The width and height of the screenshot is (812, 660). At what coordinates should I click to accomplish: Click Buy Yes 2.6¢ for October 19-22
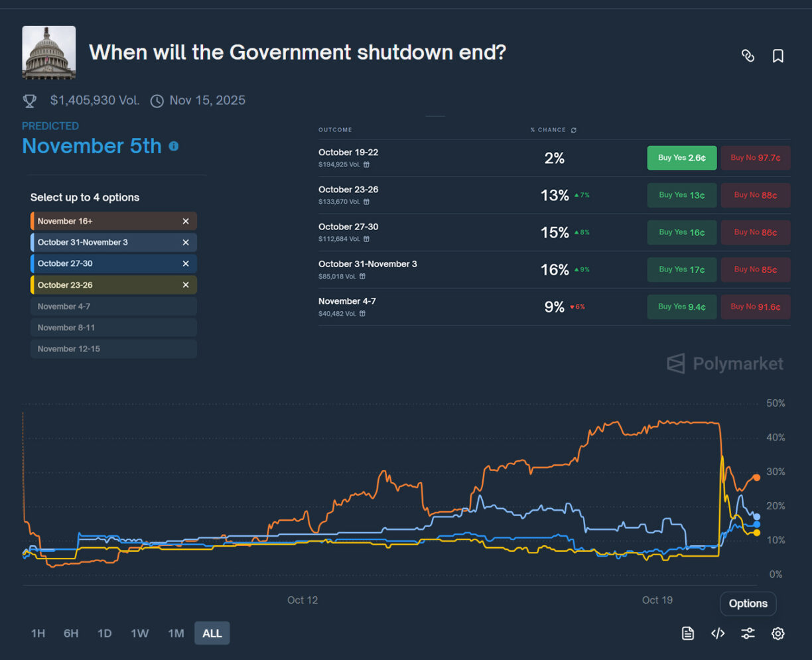coord(681,158)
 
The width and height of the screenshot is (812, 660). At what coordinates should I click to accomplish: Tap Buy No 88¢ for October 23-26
coord(755,195)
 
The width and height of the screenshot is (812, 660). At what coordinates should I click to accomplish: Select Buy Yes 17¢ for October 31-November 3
coord(681,269)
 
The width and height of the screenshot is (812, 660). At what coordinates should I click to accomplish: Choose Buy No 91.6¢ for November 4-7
coord(755,306)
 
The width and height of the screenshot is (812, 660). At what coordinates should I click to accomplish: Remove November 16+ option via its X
coord(186,221)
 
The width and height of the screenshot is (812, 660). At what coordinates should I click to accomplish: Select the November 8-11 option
coord(113,328)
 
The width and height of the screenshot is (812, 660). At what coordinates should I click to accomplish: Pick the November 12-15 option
coord(113,349)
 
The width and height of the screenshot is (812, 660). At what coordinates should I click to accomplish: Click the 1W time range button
coord(139,633)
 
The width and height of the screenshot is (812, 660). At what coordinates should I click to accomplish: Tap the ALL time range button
coord(212,633)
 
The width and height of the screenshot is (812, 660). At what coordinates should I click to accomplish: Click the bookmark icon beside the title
coord(778,56)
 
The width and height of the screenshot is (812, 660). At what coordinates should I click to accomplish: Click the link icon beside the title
coord(748,56)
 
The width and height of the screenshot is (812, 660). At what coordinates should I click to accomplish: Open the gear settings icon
coord(778,633)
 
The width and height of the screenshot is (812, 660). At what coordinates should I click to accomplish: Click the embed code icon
coord(718,633)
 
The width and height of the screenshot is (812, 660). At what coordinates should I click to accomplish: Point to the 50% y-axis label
coord(775,403)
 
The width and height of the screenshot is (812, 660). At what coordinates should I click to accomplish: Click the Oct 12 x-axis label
coord(303,600)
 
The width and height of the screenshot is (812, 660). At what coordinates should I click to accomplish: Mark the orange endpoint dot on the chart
coord(756,478)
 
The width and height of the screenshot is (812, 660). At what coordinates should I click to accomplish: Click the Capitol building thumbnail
coord(48,52)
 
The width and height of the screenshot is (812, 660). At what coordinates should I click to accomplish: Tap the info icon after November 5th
coord(174,146)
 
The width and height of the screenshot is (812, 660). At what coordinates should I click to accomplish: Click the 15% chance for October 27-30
coord(555,232)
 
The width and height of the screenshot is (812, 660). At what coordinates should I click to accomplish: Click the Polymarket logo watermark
coord(724,363)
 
